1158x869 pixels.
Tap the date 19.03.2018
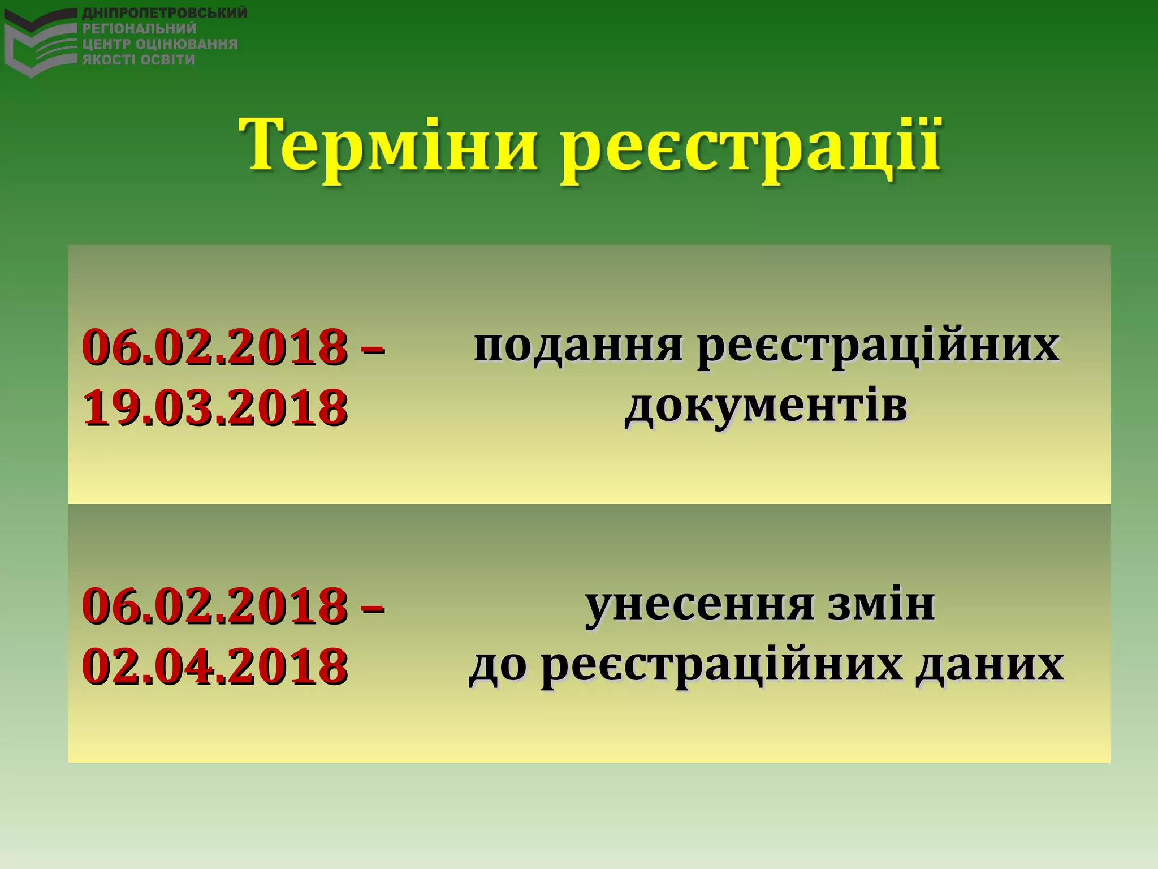pos(215,407)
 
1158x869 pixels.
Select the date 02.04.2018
pos(215,666)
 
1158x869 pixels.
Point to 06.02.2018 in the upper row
pos(215,346)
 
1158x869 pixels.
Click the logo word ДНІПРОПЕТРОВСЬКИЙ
pos(165,13)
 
